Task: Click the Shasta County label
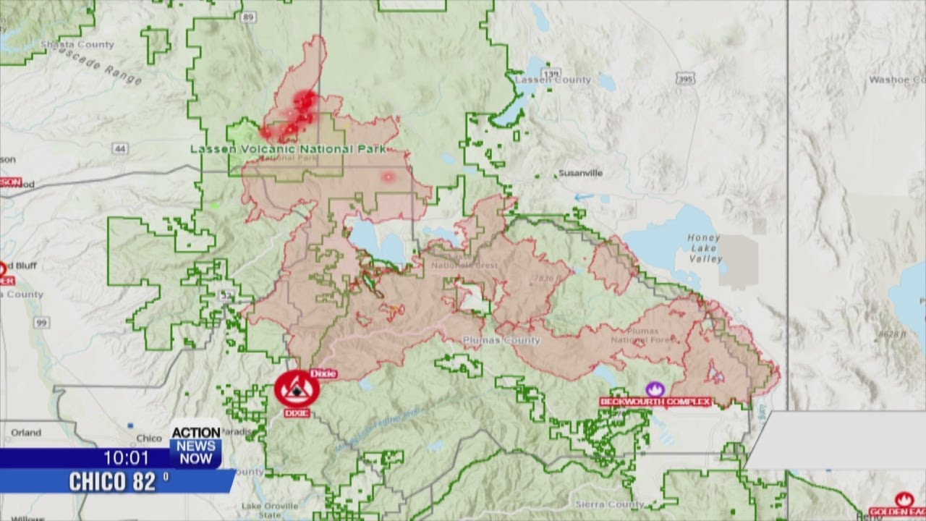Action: coord(87,45)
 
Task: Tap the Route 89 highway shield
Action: coord(249,17)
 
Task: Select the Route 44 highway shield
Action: coord(119,148)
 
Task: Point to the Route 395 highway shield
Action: coord(684,79)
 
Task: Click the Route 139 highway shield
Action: coord(552,74)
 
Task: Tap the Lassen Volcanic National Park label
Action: coord(287,149)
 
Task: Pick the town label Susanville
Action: coord(580,174)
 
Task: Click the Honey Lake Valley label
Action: coord(704,248)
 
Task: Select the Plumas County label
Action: coord(511,340)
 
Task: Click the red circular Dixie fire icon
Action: coord(297,390)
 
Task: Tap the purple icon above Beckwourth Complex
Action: coord(655,389)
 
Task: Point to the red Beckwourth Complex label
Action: coord(655,402)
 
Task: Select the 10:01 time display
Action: coord(126,458)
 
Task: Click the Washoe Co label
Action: coord(897,80)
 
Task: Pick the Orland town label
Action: coord(26,433)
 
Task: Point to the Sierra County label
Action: coord(599,504)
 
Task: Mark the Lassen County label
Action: coord(553,80)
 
